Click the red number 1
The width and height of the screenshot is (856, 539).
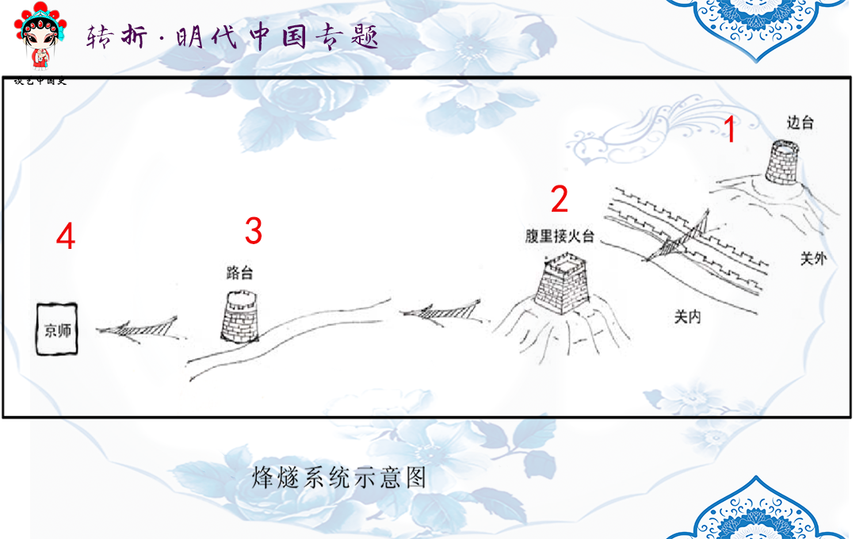731,129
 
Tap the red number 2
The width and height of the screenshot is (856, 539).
560,199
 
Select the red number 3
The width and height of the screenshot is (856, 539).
253,231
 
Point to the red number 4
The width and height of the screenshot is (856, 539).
66,236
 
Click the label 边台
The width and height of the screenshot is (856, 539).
800,123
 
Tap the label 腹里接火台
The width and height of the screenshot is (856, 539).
560,236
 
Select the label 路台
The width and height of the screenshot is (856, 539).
239,273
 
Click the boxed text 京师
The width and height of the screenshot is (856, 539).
57,329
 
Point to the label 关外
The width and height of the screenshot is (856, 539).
813,258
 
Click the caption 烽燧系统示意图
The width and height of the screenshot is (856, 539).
339,477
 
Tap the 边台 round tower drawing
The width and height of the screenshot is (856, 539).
784,162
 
